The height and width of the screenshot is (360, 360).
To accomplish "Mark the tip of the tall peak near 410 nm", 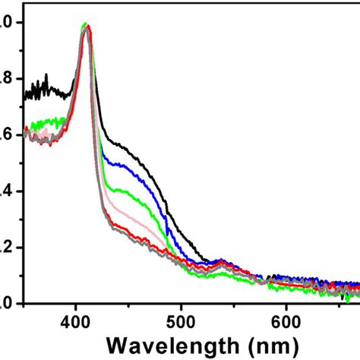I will [x=86, y=26].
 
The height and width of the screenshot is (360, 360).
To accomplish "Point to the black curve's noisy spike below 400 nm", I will [x=46, y=77].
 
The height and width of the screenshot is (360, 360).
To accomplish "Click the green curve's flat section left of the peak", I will [x=49, y=120].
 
